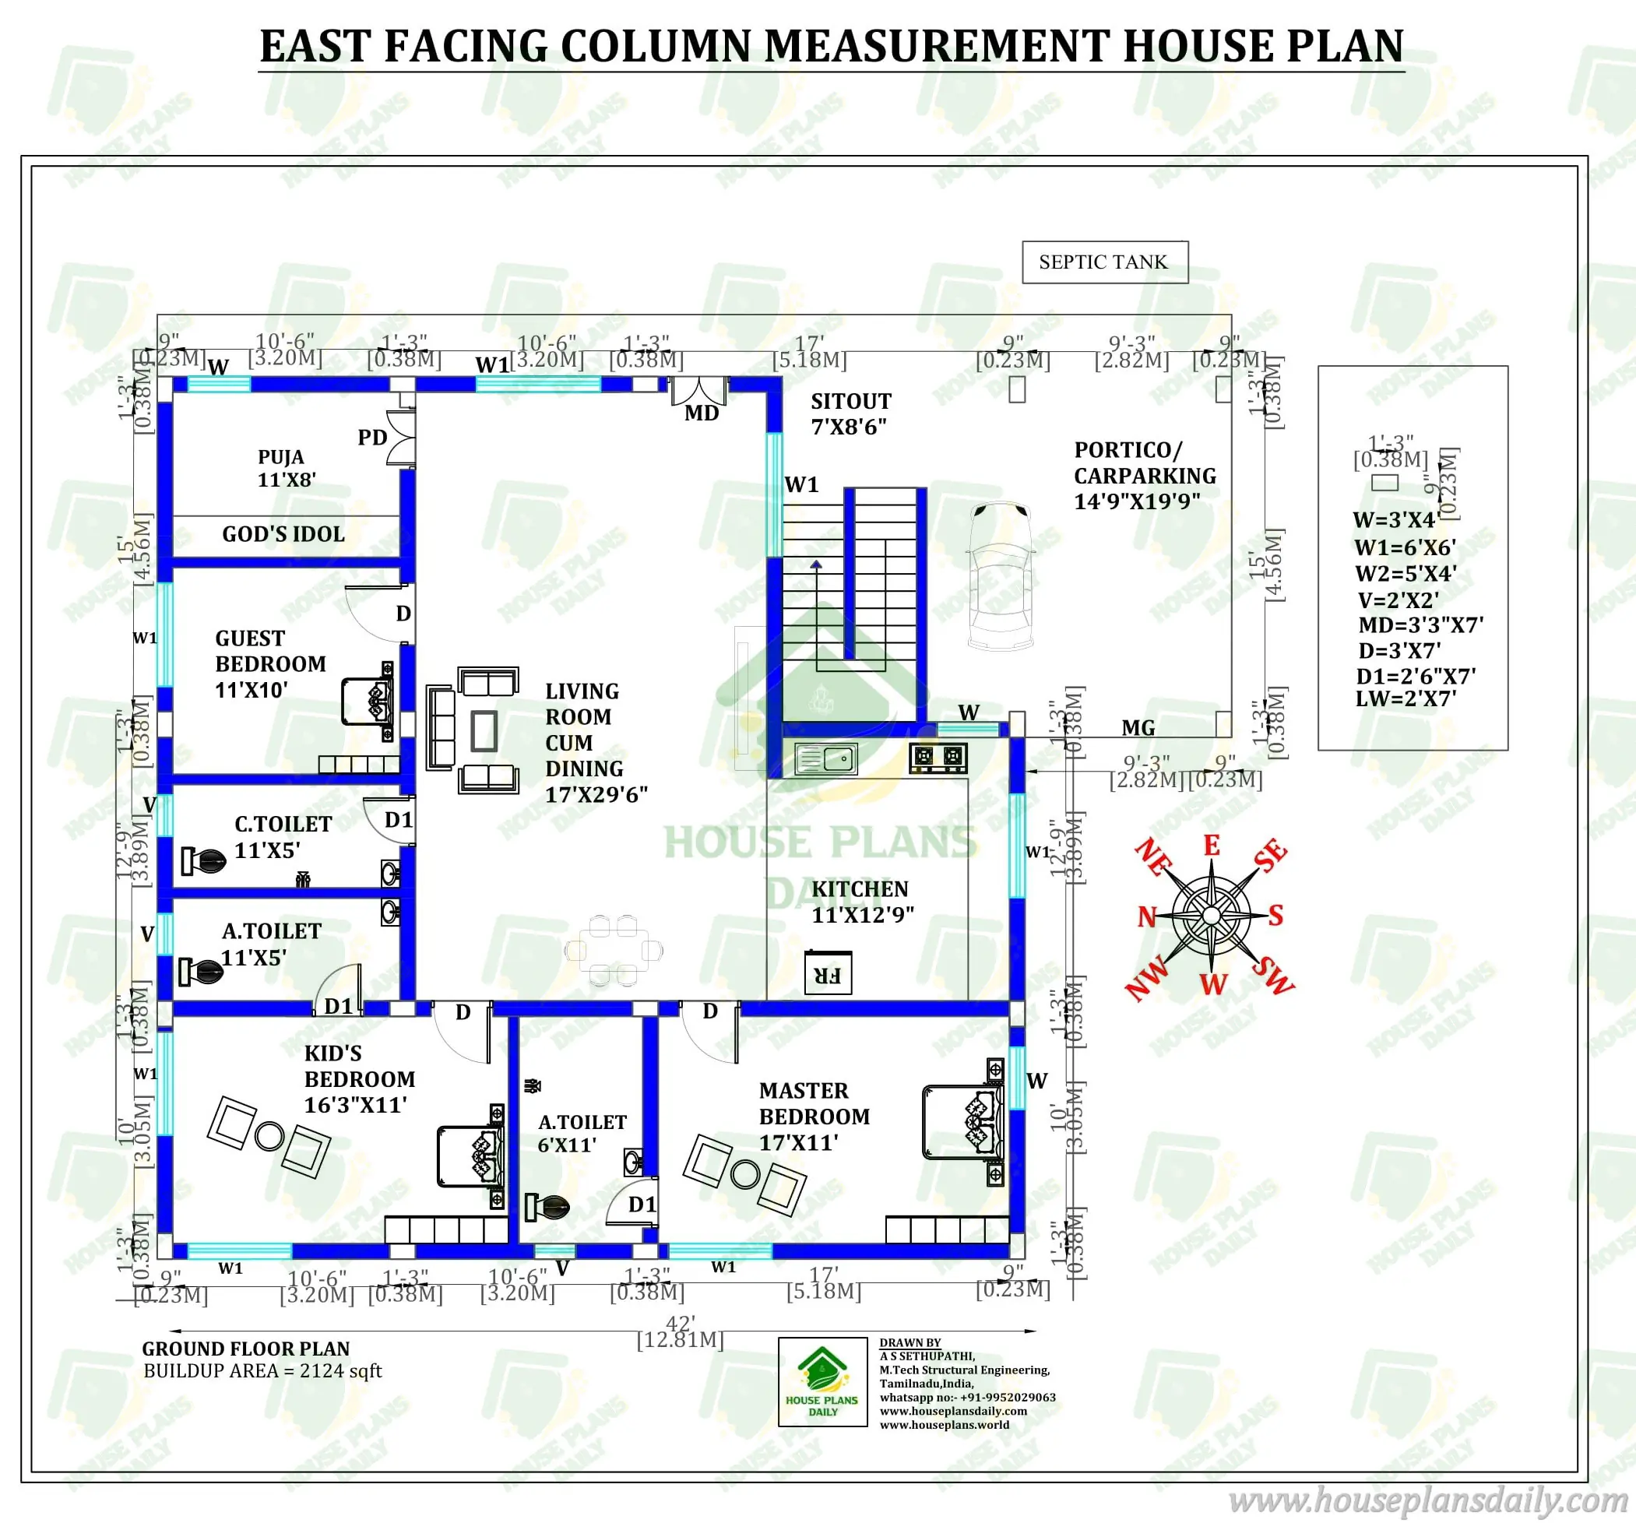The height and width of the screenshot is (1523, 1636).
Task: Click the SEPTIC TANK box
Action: click(x=1104, y=262)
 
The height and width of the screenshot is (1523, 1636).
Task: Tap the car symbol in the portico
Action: click(x=1000, y=575)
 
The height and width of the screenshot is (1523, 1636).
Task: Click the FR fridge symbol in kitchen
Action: click(x=827, y=974)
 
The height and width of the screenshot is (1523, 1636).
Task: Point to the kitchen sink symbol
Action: click(x=825, y=758)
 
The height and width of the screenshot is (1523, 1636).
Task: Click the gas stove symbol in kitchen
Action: click(x=938, y=757)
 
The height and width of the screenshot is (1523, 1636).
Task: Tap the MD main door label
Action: click(x=701, y=413)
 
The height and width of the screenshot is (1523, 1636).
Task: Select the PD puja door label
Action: click(x=372, y=438)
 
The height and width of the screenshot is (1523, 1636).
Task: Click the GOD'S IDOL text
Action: click(x=283, y=534)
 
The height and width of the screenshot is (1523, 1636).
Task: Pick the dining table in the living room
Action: click(x=613, y=951)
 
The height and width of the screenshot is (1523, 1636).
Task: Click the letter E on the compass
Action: click(x=1212, y=846)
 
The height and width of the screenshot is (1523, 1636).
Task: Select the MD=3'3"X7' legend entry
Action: click(x=1420, y=624)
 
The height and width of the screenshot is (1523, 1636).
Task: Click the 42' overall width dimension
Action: click(x=680, y=1323)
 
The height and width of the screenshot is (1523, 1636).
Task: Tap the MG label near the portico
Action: click(x=1138, y=727)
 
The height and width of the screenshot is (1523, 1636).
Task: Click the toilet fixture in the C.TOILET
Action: click(x=203, y=861)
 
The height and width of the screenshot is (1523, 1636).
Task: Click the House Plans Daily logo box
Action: click(x=822, y=1381)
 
